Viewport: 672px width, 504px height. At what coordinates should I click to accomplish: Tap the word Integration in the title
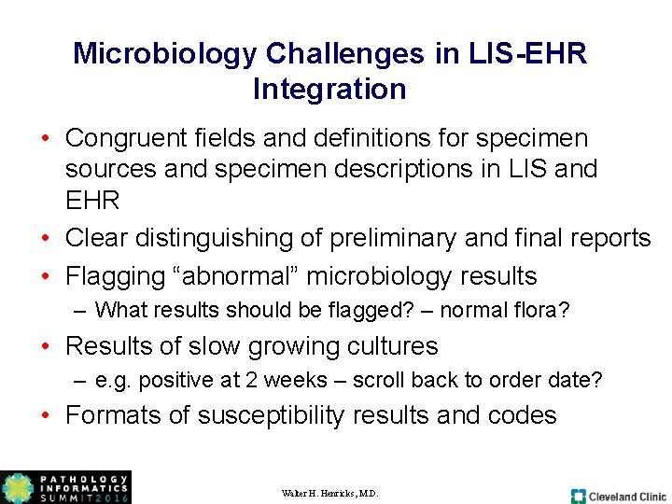(x=329, y=90)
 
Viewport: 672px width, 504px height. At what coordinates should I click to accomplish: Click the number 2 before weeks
(x=248, y=380)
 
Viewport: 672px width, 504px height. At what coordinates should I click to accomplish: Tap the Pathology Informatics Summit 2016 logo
(x=65, y=487)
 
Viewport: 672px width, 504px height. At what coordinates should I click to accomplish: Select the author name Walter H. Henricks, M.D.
(x=329, y=493)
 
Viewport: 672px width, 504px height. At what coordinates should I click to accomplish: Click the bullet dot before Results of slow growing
(x=44, y=346)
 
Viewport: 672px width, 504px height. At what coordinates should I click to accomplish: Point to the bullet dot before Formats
(x=44, y=415)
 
